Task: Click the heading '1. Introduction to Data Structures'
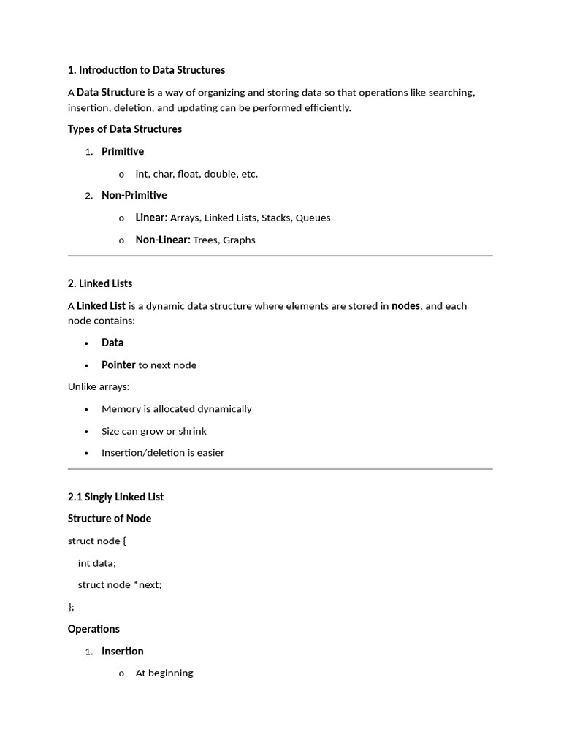click(x=146, y=70)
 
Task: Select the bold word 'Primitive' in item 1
click(x=123, y=151)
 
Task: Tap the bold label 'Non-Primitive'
click(x=134, y=195)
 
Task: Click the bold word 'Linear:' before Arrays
click(x=151, y=218)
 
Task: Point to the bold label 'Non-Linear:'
click(x=163, y=240)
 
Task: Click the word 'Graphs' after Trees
click(x=239, y=240)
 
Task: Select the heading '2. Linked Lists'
click(x=100, y=283)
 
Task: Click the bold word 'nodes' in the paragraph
click(x=406, y=306)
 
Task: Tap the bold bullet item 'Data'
click(x=112, y=343)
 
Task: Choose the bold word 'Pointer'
click(x=118, y=365)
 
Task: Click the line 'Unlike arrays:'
click(x=99, y=386)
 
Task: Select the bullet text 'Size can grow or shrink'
click(x=154, y=431)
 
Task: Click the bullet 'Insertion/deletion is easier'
click(x=163, y=453)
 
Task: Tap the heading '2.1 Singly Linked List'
click(x=115, y=497)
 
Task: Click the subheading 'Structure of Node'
click(x=110, y=519)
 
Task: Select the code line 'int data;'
click(x=97, y=562)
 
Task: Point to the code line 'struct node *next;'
click(x=120, y=585)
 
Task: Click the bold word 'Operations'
click(x=93, y=629)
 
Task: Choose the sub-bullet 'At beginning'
click(x=164, y=673)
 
